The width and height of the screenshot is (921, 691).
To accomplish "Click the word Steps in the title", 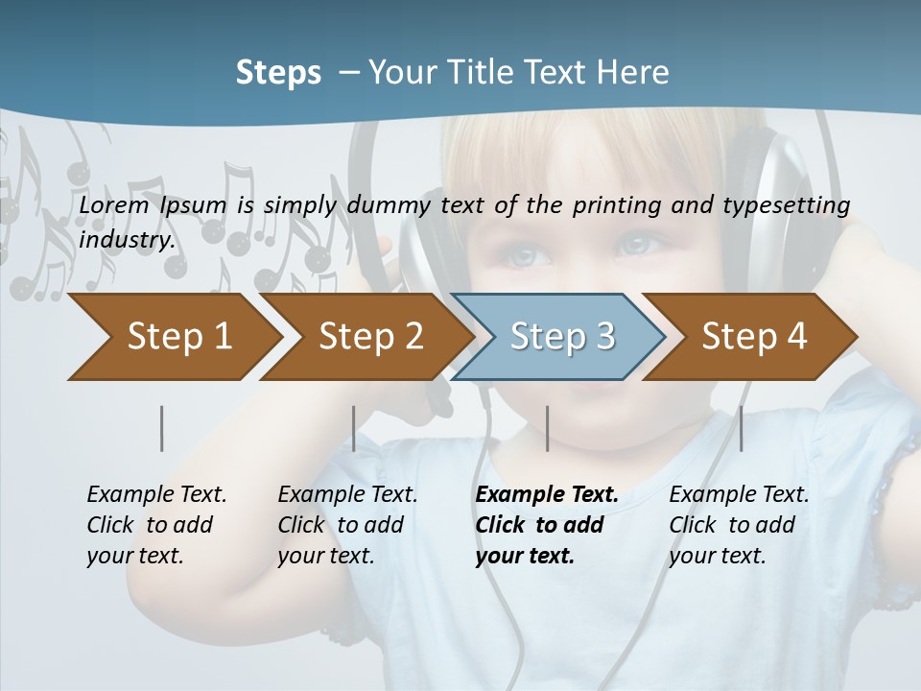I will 278,73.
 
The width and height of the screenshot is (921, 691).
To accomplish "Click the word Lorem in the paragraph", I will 114,204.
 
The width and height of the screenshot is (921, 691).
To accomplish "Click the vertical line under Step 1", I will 162,428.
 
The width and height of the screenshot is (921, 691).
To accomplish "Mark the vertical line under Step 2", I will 354,428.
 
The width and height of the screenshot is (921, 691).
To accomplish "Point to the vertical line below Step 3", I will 547,428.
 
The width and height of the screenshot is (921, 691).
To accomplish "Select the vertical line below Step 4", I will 741,428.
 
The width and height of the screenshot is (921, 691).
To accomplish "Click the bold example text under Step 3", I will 547,525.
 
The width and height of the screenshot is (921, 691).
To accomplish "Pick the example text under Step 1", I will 156,525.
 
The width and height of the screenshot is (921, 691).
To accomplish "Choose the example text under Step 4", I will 739,525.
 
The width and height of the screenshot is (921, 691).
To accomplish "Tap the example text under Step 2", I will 347,525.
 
